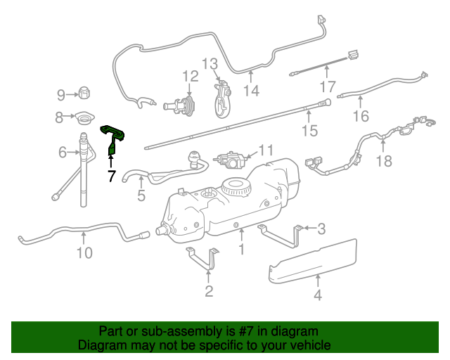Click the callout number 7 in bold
[x=110, y=176]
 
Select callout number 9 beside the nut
[x=61, y=94]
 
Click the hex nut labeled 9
[x=83, y=92]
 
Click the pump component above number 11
[x=231, y=159]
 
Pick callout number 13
[x=210, y=64]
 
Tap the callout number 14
[x=251, y=90]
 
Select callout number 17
[x=328, y=86]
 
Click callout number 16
[x=360, y=116]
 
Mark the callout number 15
[x=309, y=131]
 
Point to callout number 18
[x=383, y=162]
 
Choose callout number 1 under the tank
[x=241, y=249]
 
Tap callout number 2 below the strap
[x=209, y=291]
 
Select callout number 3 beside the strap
[x=321, y=228]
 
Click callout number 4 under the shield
[x=317, y=295]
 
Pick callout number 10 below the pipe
[x=84, y=252]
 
